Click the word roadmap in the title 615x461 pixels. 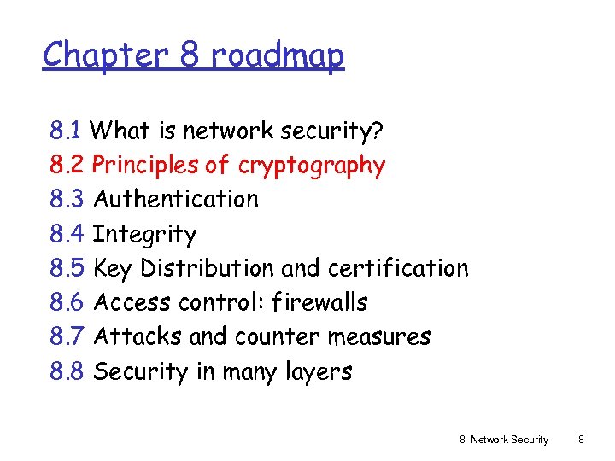(x=278, y=56)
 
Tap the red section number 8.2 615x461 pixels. (x=67, y=165)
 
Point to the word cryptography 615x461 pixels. (x=312, y=166)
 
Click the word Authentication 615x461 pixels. (x=175, y=200)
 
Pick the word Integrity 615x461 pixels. (x=144, y=235)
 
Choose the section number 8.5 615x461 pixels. (x=67, y=268)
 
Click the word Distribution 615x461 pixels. (x=208, y=268)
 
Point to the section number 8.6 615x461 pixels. (x=67, y=302)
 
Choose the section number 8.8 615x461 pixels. (x=67, y=371)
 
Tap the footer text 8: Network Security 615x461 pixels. (x=504, y=440)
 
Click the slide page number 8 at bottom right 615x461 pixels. (x=581, y=440)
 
